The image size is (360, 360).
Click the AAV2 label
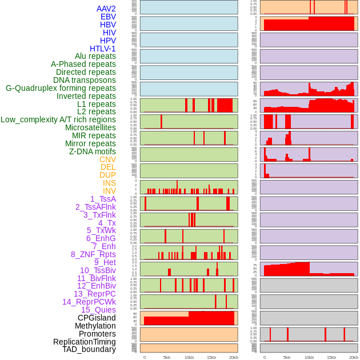point(106,9)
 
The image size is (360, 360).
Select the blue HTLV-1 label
point(103,49)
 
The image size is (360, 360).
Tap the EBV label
point(108,17)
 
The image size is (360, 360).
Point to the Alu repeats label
point(95,56)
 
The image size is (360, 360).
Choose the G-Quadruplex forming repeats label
point(61,88)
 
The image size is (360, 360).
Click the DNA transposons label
point(85,80)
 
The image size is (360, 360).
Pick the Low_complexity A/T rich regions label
point(58,119)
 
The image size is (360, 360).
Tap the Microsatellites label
point(90,127)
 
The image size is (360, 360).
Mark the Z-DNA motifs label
point(93,151)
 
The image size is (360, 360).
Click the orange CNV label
point(107,159)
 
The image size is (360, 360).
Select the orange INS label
point(109,183)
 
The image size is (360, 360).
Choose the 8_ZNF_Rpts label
point(93,254)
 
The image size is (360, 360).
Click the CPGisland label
point(97,318)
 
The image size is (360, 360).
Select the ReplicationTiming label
point(85,342)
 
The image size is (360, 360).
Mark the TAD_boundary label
point(89,349)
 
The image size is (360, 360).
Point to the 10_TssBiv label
point(98,270)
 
